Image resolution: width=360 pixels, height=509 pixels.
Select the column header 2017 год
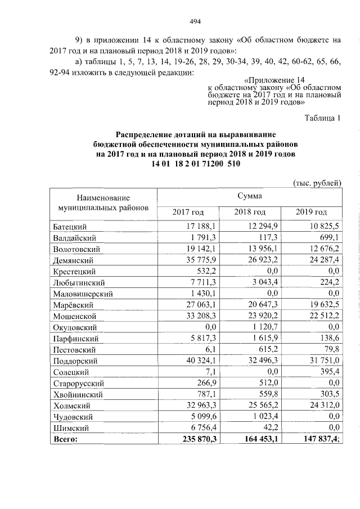(188, 212)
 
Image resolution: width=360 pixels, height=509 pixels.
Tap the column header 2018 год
(250, 212)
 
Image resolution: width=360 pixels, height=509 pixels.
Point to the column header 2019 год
(311, 212)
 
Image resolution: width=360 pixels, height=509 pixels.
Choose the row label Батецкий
(69, 227)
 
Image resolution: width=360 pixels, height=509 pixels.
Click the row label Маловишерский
(83, 294)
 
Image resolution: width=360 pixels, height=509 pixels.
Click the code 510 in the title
(233, 164)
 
